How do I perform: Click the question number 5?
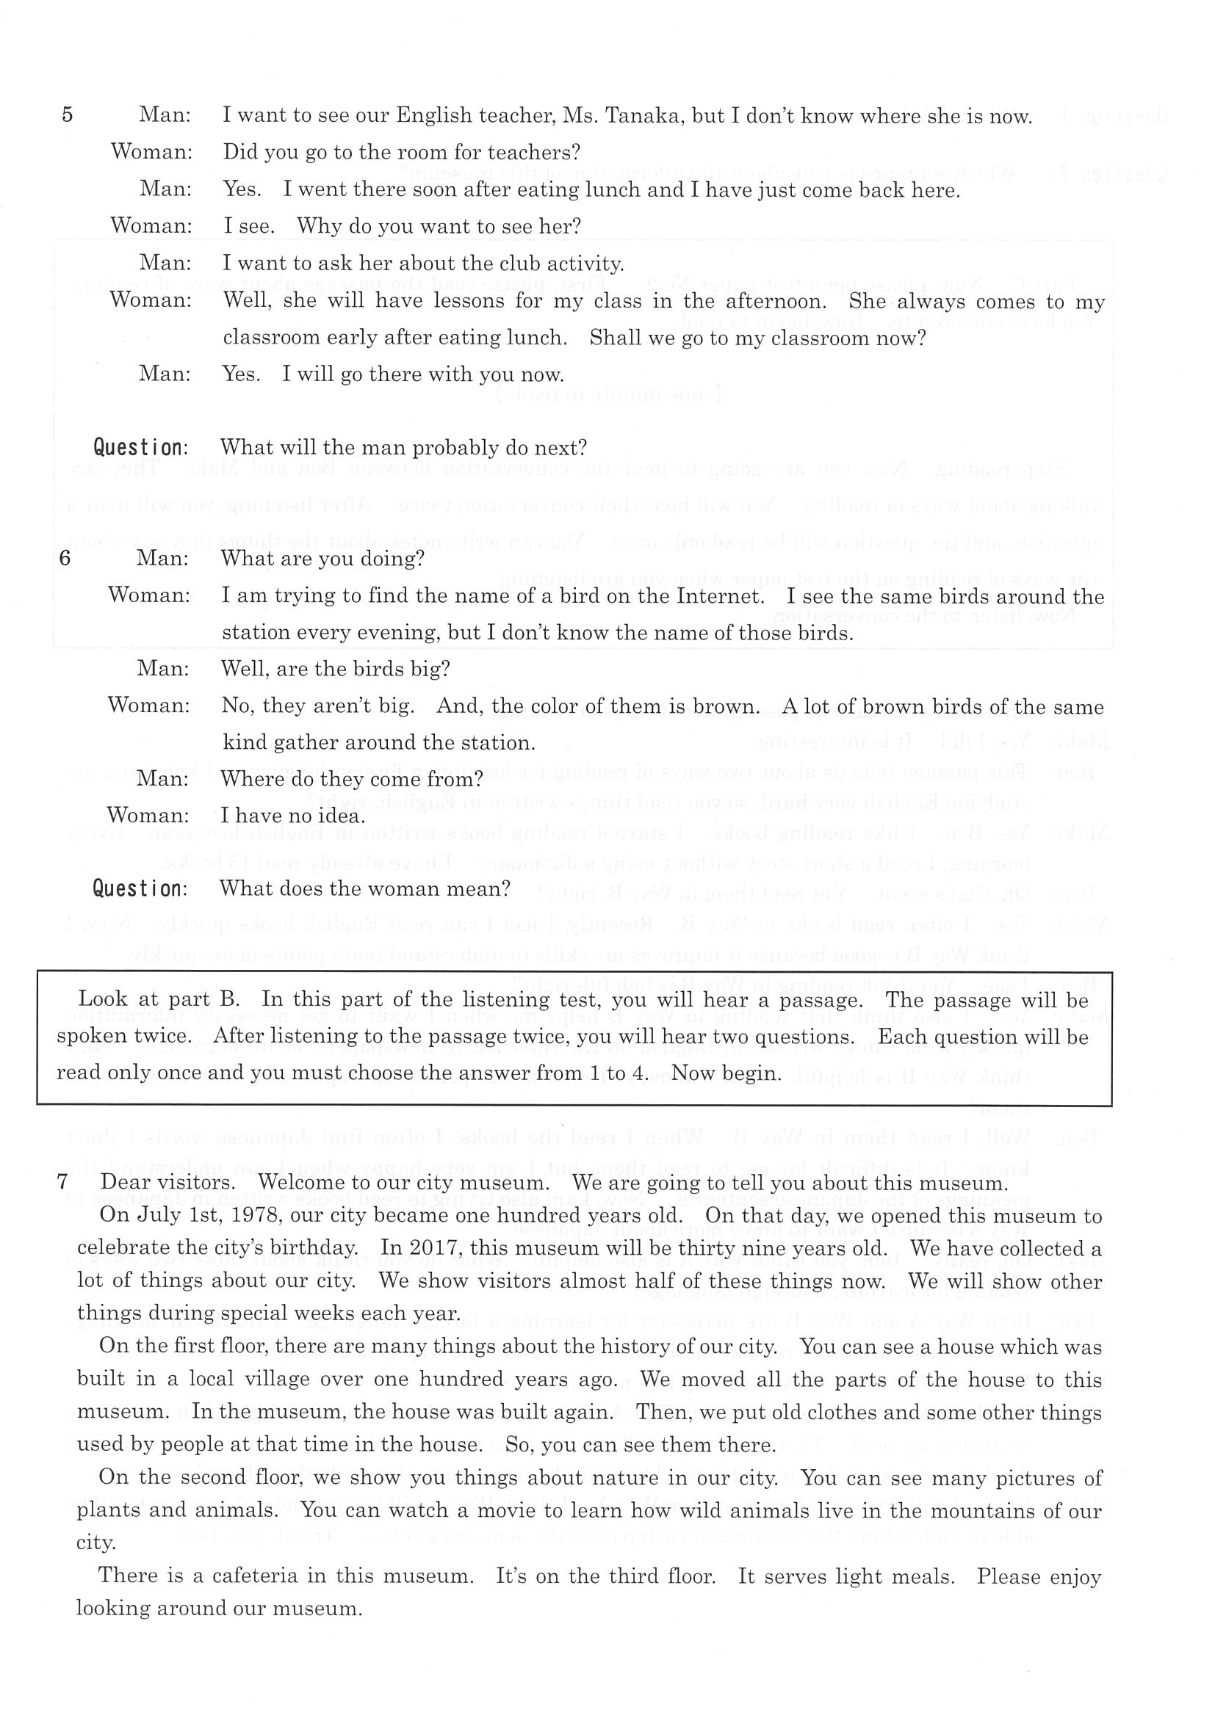click(68, 115)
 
